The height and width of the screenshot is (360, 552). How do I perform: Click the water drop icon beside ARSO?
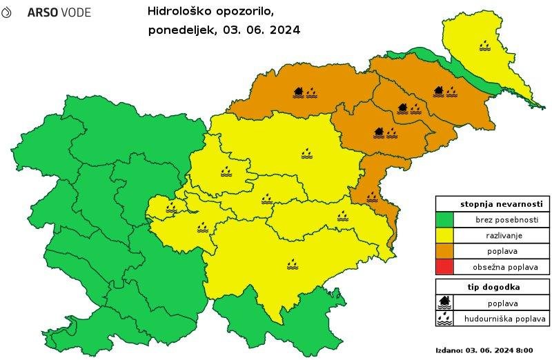[x=7, y=12]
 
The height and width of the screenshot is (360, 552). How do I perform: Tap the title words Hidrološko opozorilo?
[x=210, y=11]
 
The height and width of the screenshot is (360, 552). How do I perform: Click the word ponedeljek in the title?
[x=180, y=31]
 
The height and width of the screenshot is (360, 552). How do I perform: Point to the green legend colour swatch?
[x=444, y=220]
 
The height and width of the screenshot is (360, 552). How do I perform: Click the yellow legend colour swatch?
[x=444, y=236]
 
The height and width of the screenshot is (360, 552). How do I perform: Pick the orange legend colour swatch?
[x=444, y=252]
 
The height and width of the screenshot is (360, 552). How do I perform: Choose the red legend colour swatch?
[x=444, y=268]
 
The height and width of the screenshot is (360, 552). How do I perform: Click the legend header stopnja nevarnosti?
[x=493, y=204]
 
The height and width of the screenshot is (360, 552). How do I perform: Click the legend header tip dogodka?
[x=493, y=287]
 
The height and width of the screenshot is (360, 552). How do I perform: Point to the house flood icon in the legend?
[x=445, y=302]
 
